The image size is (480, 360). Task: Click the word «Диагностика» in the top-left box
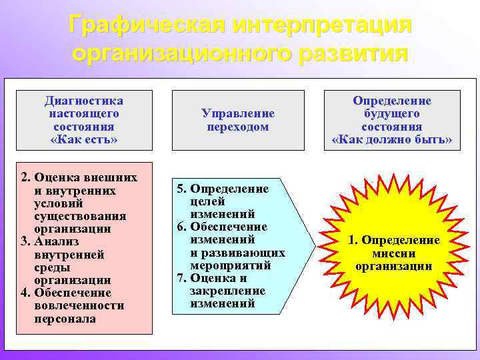[84, 101]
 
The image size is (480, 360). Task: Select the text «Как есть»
[84, 139]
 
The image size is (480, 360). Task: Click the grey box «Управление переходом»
[237, 120]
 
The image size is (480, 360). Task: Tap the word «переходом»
[237, 127]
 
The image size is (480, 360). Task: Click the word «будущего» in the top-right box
[392, 114]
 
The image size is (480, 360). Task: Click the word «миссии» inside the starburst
[393, 253]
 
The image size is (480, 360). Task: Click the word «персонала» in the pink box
[65, 319]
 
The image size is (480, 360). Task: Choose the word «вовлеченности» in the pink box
[79, 306]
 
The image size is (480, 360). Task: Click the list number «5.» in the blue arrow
[181, 189]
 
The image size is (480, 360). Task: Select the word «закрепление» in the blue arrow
[227, 291]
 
